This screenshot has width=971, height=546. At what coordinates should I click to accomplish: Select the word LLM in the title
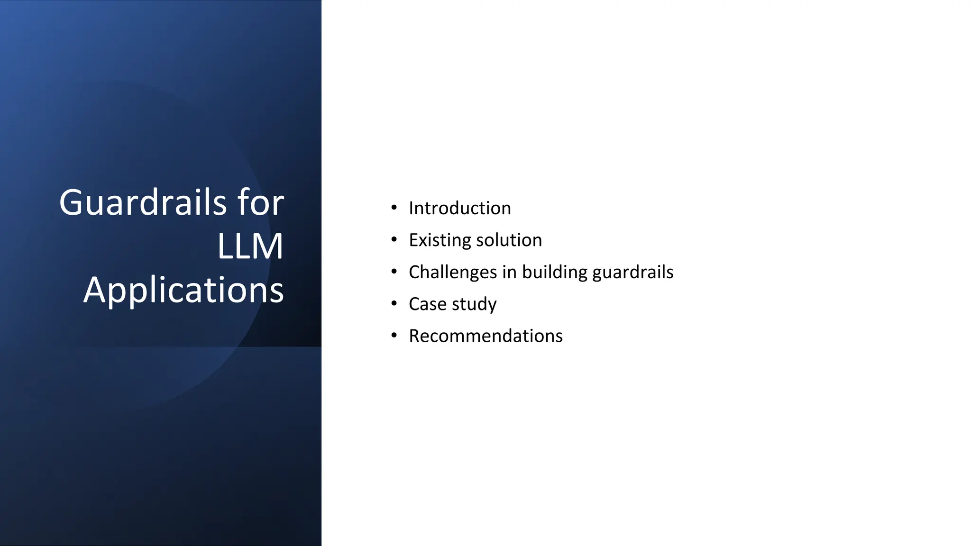click(250, 246)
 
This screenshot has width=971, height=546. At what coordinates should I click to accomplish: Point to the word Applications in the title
click(183, 290)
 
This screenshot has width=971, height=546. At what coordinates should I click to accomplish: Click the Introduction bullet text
click(459, 208)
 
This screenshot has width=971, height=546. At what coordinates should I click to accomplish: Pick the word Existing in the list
click(440, 240)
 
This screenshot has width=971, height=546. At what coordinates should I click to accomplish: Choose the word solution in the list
click(509, 240)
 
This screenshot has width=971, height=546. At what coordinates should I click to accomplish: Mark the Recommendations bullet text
click(485, 336)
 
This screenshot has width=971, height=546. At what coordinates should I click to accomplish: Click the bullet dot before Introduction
click(394, 208)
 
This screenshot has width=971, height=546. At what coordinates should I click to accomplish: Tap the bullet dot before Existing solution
click(394, 240)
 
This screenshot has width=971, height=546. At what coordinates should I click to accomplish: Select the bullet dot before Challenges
click(394, 272)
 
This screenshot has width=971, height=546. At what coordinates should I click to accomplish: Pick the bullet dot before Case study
click(394, 303)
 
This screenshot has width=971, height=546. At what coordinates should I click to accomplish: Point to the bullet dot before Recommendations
click(394, 336)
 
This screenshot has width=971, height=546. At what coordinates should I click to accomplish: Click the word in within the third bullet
click(509, 273)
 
